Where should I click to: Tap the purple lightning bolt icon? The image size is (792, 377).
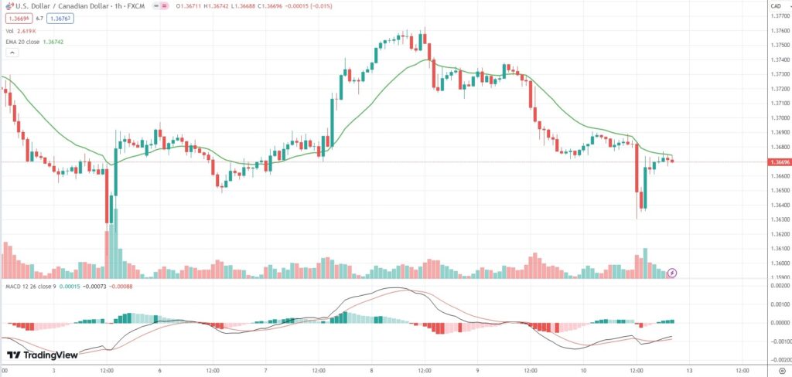coord(672,273)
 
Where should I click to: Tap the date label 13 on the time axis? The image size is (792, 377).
coord(688,371)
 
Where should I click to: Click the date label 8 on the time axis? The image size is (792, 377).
coord(371,371)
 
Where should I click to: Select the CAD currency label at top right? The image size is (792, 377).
coord(774,6)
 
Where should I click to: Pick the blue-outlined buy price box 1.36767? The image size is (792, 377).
coord(59,17)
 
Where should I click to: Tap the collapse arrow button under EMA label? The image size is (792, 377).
coord(12,53)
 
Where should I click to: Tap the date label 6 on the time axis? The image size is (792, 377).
coord(159,371)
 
